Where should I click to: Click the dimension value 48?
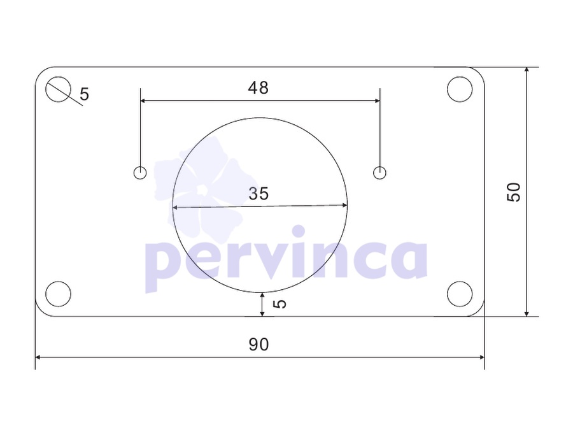click(x=258, y=88)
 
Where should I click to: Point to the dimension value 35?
click(x=258, y=194)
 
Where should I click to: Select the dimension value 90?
click(x=258, y=345)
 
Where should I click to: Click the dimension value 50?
click(x=513, y=192)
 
